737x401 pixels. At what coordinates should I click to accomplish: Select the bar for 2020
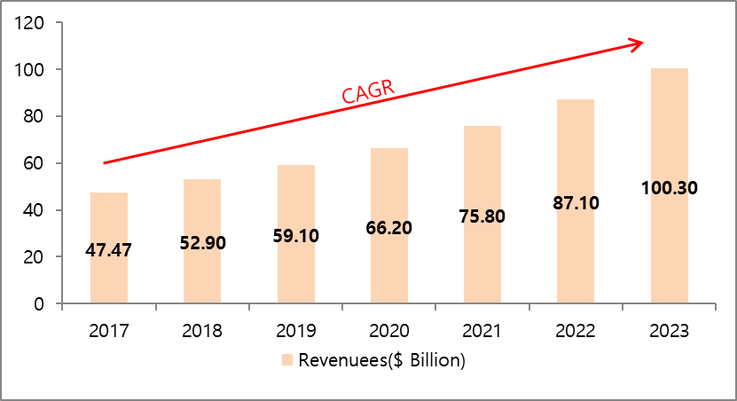tap(388, 266)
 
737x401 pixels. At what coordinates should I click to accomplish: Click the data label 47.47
tap(108, 250)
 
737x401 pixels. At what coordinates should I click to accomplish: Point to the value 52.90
tap(202, 243)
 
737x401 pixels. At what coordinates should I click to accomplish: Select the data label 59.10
tap(295, 237)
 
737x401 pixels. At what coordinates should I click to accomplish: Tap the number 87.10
tap(576, 203)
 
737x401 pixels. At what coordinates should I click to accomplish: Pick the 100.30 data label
tap(669, 188)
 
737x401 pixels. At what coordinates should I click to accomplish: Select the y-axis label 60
tap(35, 163)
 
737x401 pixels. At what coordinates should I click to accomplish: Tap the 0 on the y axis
tap(40, 304)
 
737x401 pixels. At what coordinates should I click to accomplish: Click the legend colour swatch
tap(286, 360)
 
